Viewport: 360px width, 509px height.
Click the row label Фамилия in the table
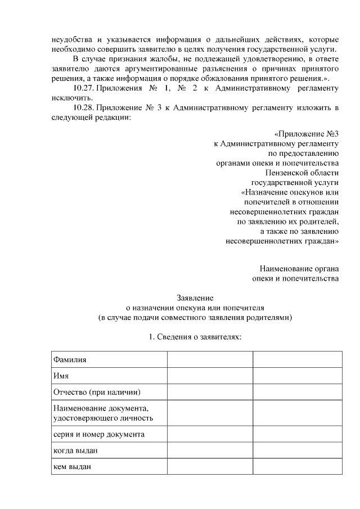70,359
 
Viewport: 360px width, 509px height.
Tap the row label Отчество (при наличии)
96,391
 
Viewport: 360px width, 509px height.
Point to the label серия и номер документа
98,434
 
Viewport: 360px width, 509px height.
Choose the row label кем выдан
71,467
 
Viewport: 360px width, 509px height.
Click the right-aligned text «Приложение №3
306,134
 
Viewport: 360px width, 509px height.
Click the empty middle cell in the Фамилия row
209,359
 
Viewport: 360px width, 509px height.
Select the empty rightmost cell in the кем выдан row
297,467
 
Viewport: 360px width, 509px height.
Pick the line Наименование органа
299,268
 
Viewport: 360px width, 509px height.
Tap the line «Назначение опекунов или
289,192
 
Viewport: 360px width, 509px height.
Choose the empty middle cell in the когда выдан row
209,451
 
